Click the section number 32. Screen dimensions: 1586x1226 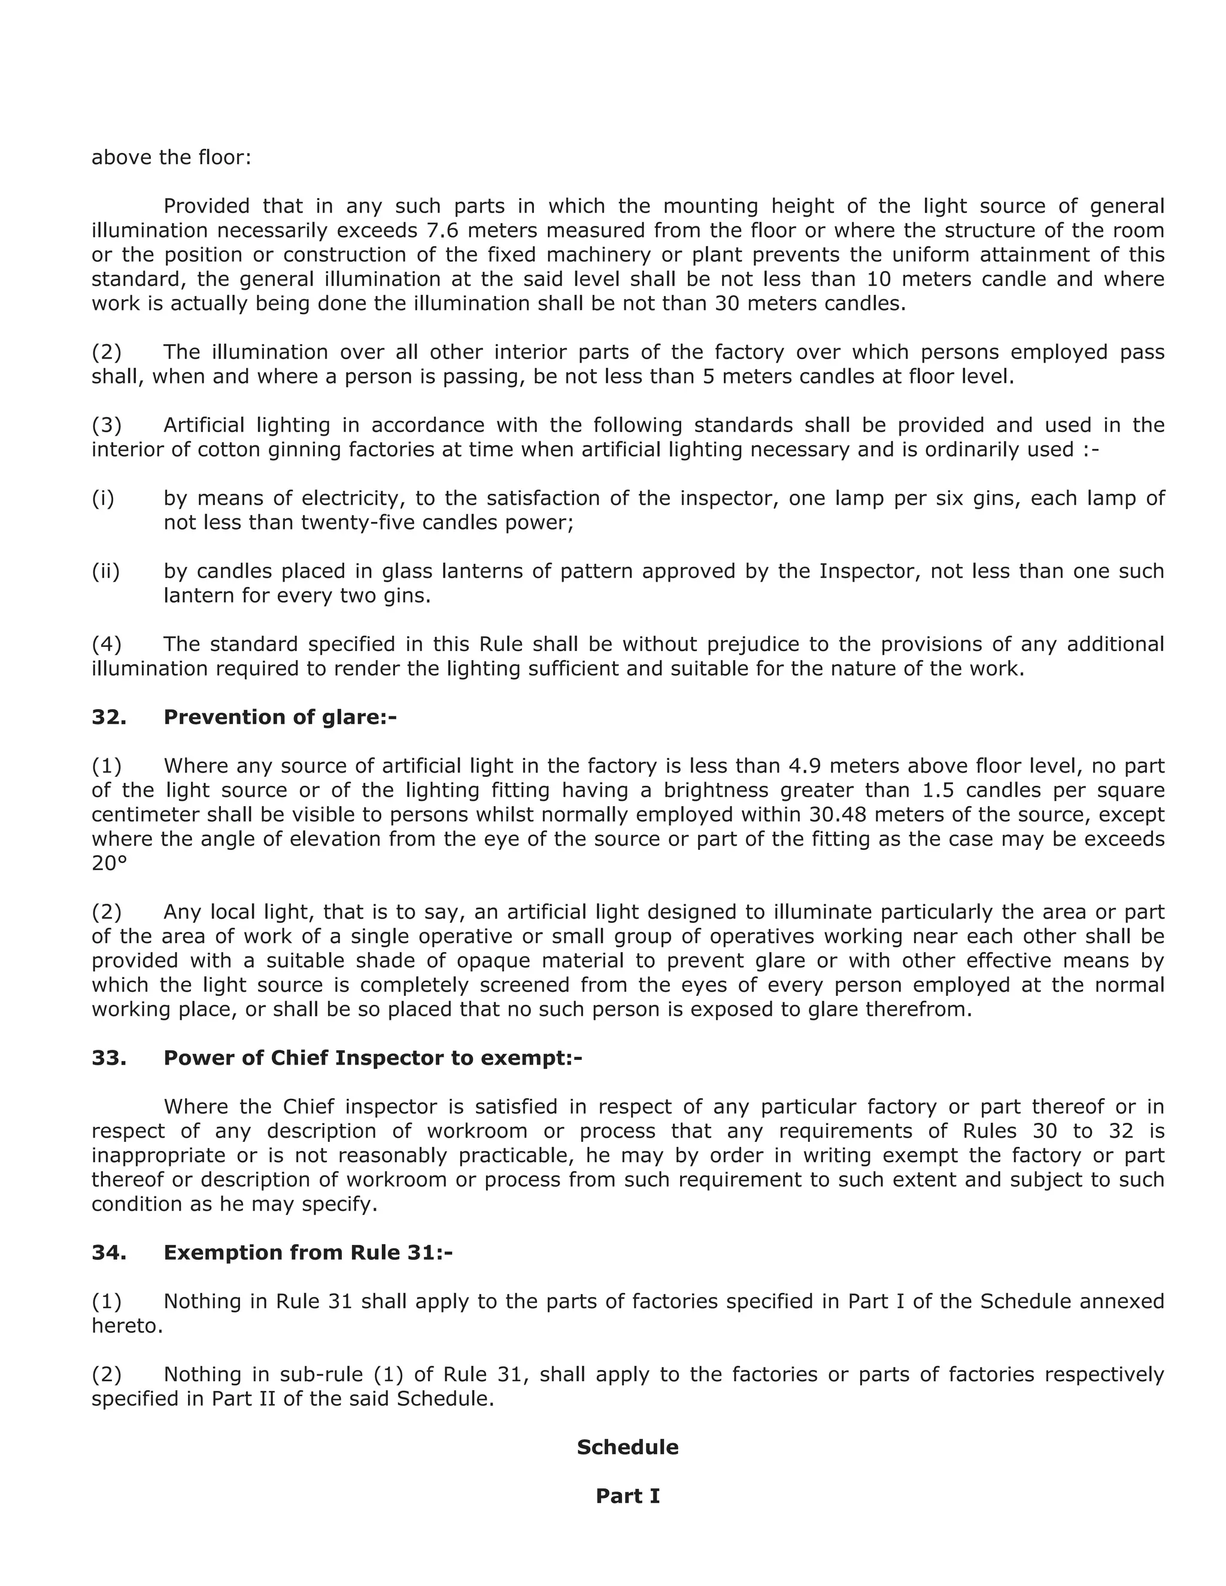[x=108, y=717]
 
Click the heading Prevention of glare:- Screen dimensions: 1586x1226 [x=280, y=717]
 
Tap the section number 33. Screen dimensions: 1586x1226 [x=108, y=1058]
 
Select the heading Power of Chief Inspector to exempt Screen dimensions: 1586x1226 [x=372, y=1058]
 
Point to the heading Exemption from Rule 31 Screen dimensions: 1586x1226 [x=308, y=1252]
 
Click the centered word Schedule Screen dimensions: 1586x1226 [x=627, y=1447]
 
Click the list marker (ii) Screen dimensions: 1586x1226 [x=105, y=571]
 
